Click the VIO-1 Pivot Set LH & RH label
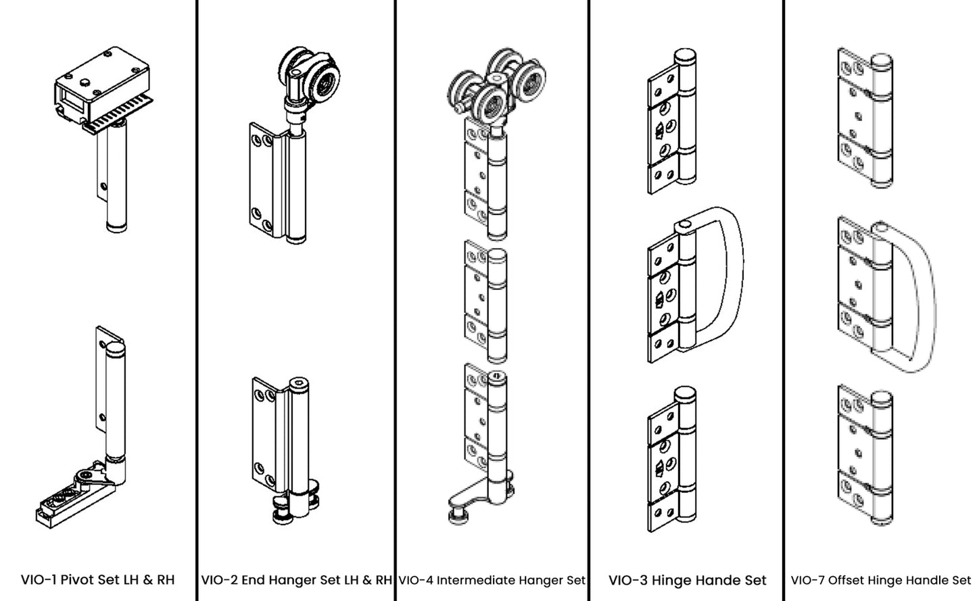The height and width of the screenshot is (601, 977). [97, 579]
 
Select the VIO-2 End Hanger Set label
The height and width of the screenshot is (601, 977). [296, 579]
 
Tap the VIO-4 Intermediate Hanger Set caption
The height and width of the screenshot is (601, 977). [492, 579]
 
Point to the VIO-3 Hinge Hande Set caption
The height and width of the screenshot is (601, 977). [687, 580]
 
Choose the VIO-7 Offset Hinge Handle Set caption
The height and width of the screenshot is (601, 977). [880, 580]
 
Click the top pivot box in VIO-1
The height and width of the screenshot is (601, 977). [101, 91]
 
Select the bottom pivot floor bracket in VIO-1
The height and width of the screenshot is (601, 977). [68, 497]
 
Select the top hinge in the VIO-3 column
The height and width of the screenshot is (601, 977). [673, 122]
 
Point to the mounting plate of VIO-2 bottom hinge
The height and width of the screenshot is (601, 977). [264, 433]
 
